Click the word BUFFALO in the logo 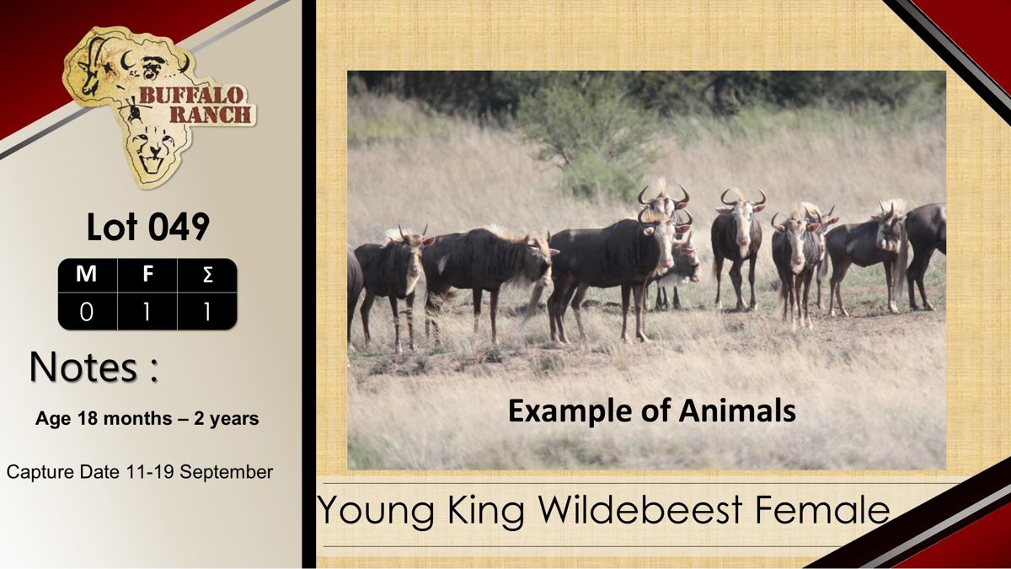[x=191, y=96]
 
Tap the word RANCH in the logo [x=211, y=115]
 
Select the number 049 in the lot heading [x=179, y=227]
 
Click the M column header [x=86, y=274]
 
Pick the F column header [x=147, y=274]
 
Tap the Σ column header [x=207, y=274]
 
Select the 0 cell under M [x=86, y=312]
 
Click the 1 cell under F [x=147, y=312]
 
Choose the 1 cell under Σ [x=207, y=312]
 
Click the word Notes [x=83, y=367]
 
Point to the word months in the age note [x=137, y=419]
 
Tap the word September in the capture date [x=227, y=472]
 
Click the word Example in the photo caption [x=570, y=411]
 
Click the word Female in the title [x=822, y=509]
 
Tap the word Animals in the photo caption [x=737, y=411]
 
